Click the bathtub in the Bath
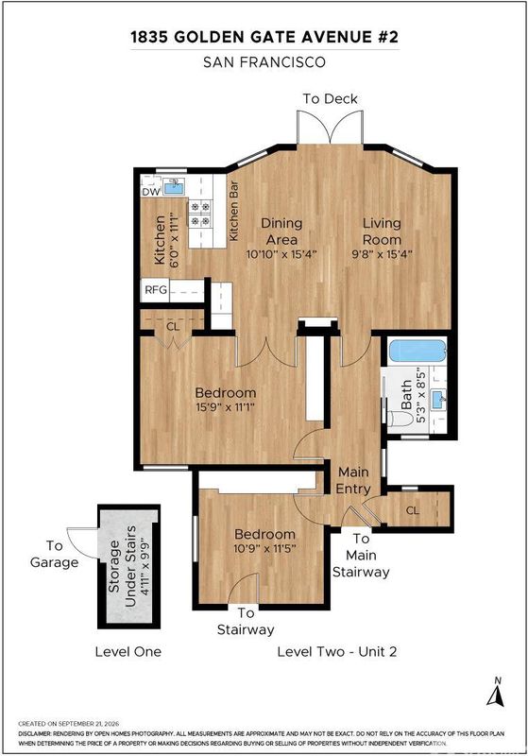tap(417, 351)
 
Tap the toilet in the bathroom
tap(400, 418)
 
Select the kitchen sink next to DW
tap(174, 186)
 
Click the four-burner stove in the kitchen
tap(200, 214)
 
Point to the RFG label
tap(156, 290)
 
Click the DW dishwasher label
tap(151, 192)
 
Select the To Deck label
tap(330, 99)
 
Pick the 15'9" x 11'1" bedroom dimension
tap(225, 407)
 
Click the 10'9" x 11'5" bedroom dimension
tap(264, 548)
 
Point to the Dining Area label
tap(281, 232)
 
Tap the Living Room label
tap(382, 232)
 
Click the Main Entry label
tap(353, 480)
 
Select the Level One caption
tap(128, 652)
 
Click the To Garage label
tap(54, 554)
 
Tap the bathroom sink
tap(438, 400)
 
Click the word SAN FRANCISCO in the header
tap(264, 62)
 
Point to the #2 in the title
tap(387, 37)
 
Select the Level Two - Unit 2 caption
tap(337, 652)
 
